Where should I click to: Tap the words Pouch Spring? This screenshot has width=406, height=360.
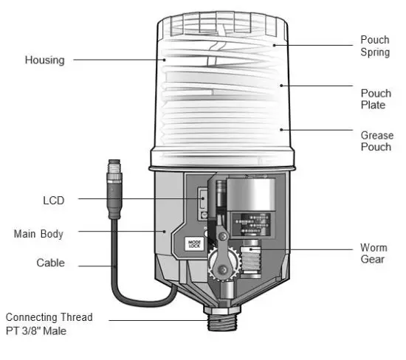[374, 46]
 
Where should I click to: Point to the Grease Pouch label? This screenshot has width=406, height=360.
[376, 142]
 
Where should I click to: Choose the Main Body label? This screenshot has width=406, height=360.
[38, 234]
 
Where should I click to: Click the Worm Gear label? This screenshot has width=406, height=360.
[373, 254]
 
